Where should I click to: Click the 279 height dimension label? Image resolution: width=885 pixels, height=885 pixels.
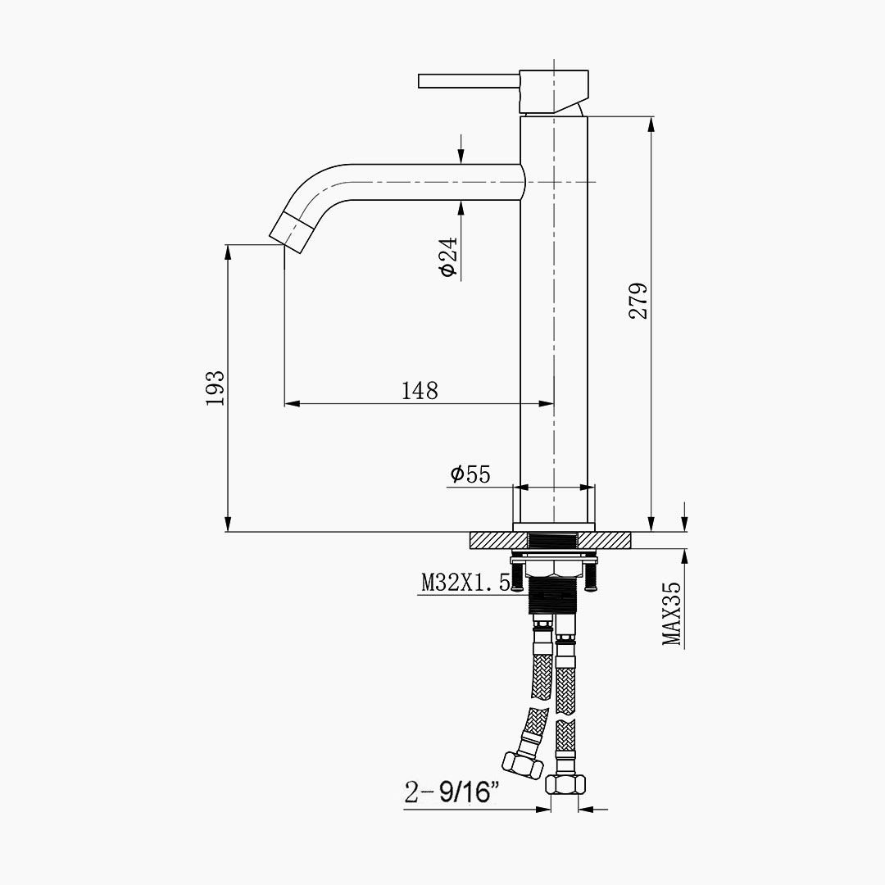coord(638,302)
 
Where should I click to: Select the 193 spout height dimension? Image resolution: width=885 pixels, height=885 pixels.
coord(215,388)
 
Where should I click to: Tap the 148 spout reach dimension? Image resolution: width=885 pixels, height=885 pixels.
coord(420,391)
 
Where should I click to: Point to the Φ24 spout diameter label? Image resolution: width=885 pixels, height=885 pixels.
coord(448,256)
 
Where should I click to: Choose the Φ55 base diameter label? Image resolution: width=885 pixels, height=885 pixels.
coord(470,474)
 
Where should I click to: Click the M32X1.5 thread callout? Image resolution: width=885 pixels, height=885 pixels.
coord(466,583)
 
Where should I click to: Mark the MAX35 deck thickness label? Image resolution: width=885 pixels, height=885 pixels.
coord(672,614)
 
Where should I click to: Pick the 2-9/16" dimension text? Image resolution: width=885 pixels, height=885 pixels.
coord(452,792)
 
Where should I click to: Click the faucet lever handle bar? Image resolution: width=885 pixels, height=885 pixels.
coord(469,80)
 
